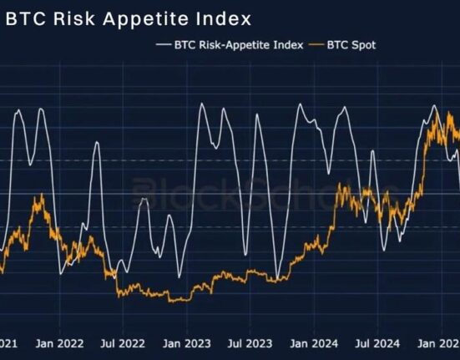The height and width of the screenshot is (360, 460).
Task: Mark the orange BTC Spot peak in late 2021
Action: point(36,196)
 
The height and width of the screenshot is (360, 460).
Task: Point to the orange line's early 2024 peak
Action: point(341,187)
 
